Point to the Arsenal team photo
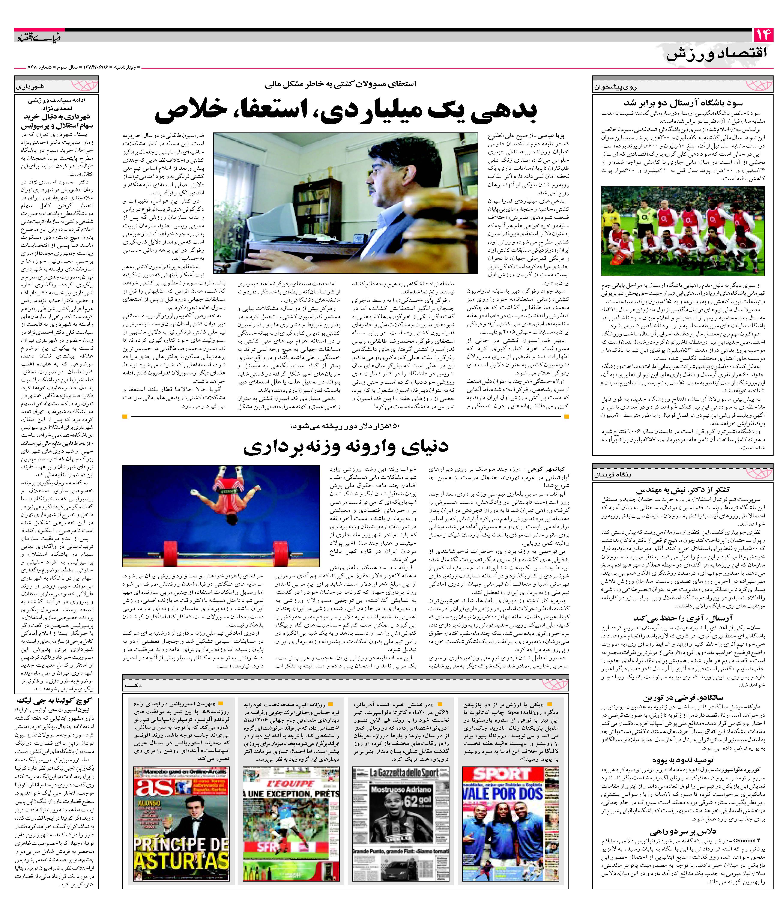click(682, 230)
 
